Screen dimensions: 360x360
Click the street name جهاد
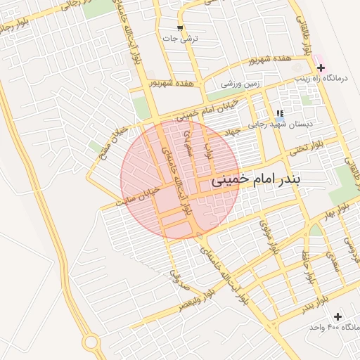231,132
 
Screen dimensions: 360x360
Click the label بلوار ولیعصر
189,304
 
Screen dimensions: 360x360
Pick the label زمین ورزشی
240,84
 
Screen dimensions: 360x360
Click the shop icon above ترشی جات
181,29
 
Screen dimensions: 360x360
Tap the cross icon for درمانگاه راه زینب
321,68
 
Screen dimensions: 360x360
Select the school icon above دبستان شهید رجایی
280,113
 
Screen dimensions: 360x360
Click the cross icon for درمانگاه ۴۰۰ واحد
338,317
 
